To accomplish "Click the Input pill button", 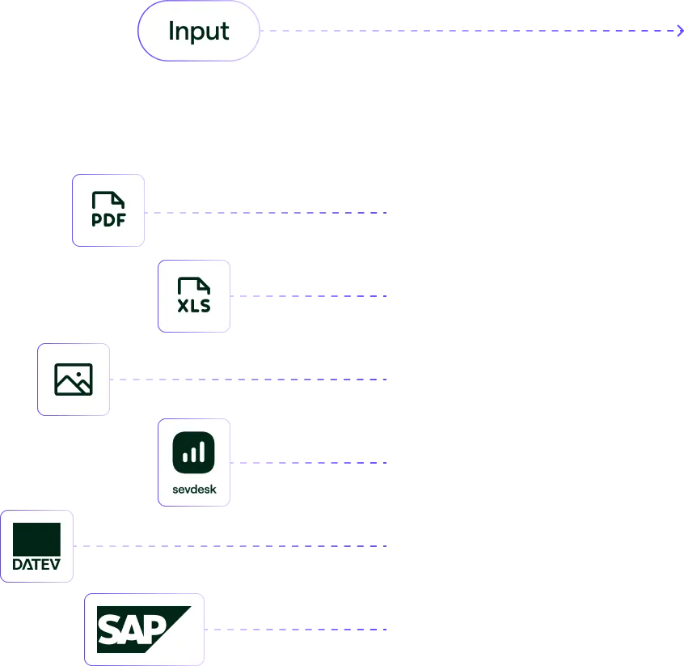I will [199, 32].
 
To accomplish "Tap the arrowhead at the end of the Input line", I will [679, 31].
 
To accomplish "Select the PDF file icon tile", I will [108, 210].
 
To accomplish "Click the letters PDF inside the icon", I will [108, 220].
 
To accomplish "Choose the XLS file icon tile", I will [194, 295].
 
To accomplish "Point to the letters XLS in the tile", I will [194, 306].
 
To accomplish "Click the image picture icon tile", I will [74, 380].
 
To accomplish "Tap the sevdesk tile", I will [194, 463].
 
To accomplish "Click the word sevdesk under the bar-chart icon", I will [194, 489].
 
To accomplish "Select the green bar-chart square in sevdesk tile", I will [194, 452].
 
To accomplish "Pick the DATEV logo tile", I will [36, 546].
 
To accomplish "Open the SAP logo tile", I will [144, 629].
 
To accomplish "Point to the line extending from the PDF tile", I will [267, 210].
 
